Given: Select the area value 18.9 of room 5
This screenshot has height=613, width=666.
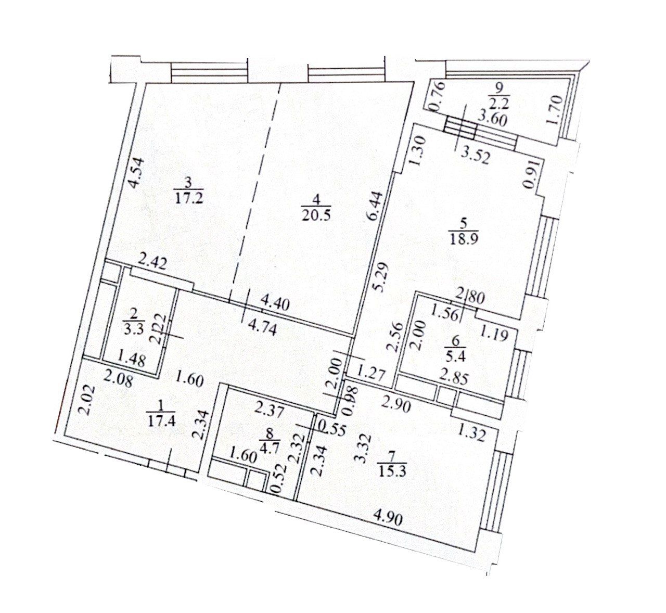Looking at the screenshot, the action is point(463,238).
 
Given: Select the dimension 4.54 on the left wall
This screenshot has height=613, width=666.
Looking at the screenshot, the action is point(137,173).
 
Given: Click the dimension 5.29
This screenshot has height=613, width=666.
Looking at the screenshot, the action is point(378,277).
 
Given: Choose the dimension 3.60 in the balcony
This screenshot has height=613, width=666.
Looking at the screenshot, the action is point(492,119).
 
